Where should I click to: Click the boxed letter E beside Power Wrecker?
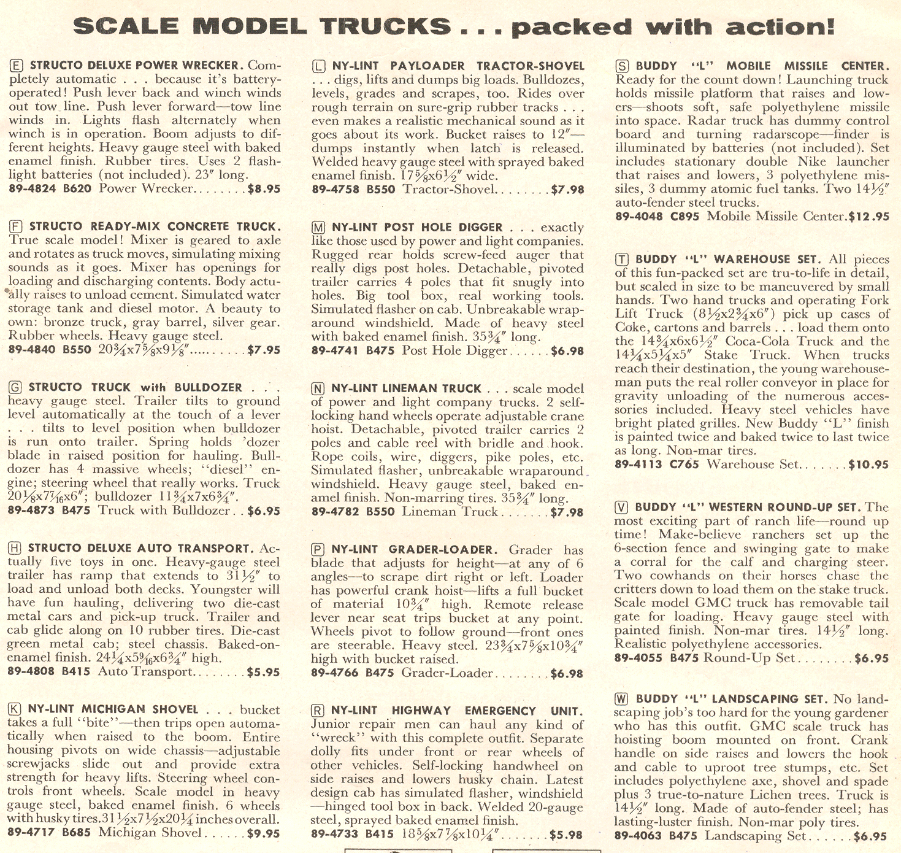pyautogui.click(x=17, y=65)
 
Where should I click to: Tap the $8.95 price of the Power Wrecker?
pyautogui.click(x=264, y=188)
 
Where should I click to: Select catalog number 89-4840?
pyautogui.click(x=32, y=350)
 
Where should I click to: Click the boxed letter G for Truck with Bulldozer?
pyautogui.click(x=16, y=387)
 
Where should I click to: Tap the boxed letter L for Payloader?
pyautogui.click(x=319, y=66)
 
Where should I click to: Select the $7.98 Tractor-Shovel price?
pyautogui.click(x=567, y=190)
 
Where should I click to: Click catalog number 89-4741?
pyautogui.click(x=335, y=351)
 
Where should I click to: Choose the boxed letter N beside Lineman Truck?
pyautogui.click(x=318, y=388)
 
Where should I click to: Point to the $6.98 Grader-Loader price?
pyautogui.click(x=567, y=673)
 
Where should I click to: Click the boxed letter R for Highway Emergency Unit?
pyautogui.click(x=318, y=711)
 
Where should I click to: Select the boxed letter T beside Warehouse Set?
pyautogui.click(x=622, y=260)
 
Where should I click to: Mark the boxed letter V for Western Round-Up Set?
pyautogui.click(x=621, y=507)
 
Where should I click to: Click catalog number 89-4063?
pyautogui.click(x=638, y=836)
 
